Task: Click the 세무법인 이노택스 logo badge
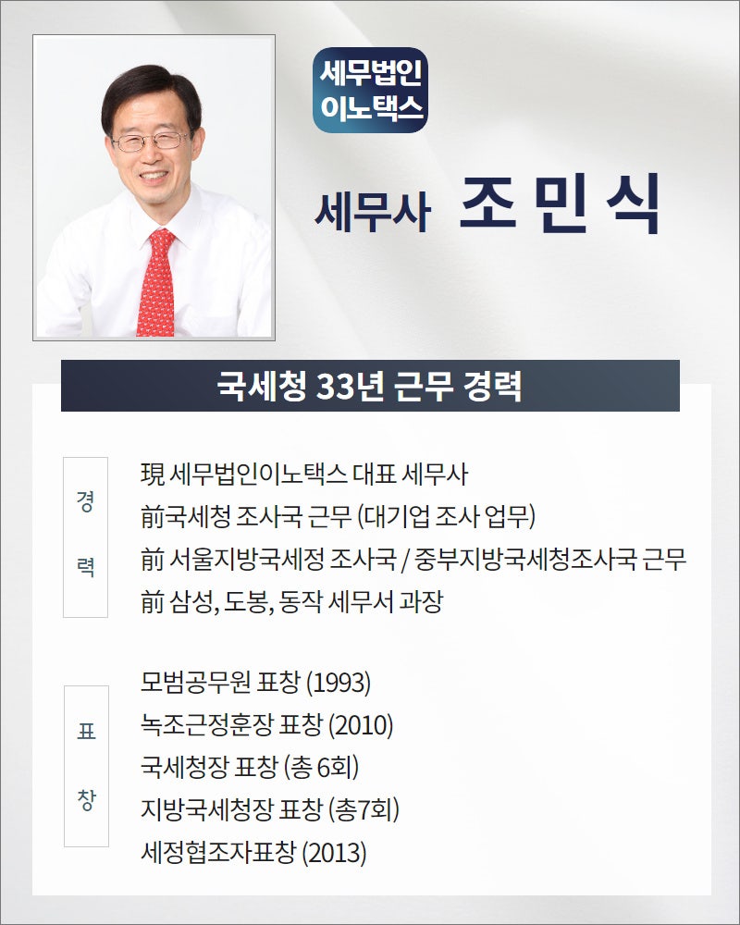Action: pyautogui.click(x=370, y=90)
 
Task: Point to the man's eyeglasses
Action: pyautogui.click(x=151, y=142)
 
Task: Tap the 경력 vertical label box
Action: pyautogui.click(x=86, y=536)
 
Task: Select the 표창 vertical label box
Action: pyautogui.click(x=86, y=766)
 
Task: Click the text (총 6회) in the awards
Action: pyautogui.click(x=321, y=768)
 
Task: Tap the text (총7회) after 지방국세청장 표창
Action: pyautogui.click(x=364, y=810)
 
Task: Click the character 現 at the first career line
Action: pyautogui.click(x=153, y=475)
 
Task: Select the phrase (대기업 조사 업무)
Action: pyautogui.click(x=447, y=517)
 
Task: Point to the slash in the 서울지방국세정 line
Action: pyautogui.click(x=405, y=560)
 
